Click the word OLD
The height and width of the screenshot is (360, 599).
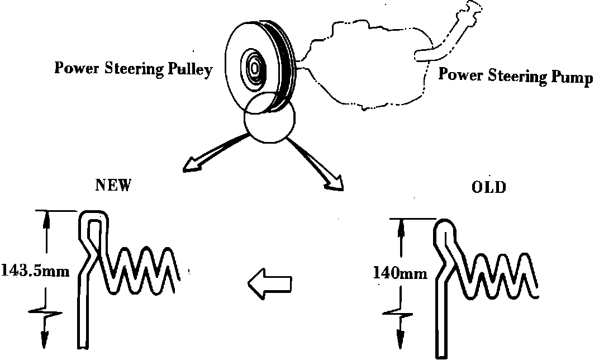click(489, 187)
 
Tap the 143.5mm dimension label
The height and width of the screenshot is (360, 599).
click(35, 272)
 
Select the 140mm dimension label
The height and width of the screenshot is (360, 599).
click(401, 273)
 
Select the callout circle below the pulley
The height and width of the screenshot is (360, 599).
click(270, 119)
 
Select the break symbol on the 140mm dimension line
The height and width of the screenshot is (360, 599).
click(400, 316)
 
